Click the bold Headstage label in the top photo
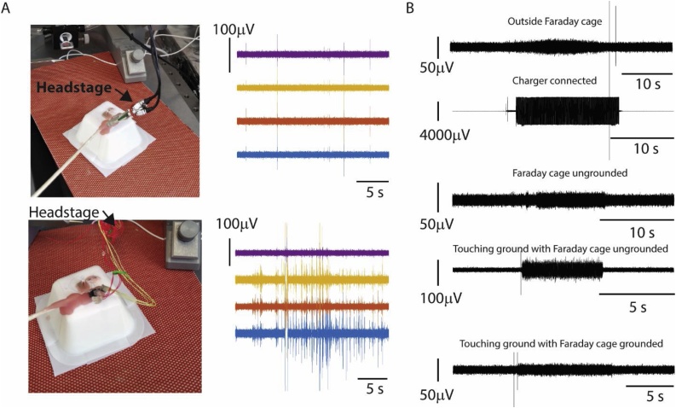[x=74, y=86]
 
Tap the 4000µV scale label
[x=448, y=134]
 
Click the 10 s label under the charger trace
[x=634, y=147]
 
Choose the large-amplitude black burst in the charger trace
[x=567, y=112]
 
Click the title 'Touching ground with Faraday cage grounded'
[x=561, y=344]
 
